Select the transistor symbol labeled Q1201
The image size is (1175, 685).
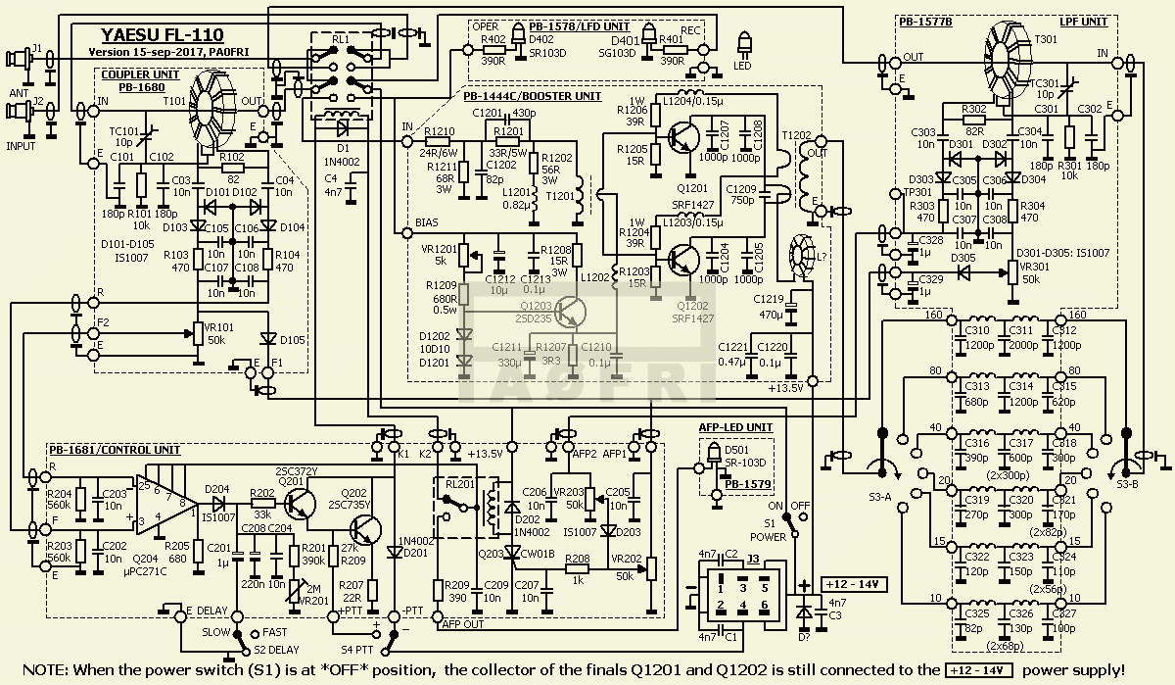tap(681, 138)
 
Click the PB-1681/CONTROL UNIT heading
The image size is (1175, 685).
tap(113, 449)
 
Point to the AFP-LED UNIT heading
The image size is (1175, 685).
tap(735, 427)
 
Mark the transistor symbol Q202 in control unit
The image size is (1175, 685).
tap(367, 530)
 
